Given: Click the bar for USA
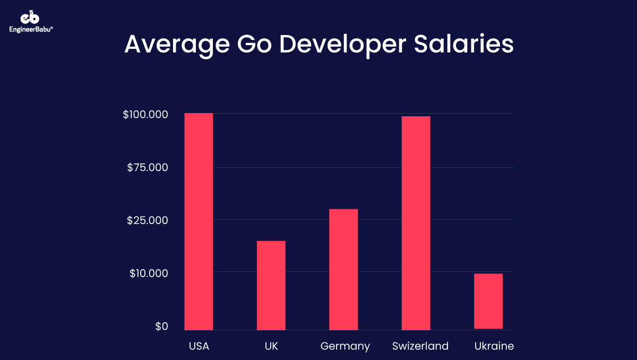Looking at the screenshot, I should coord(199,221).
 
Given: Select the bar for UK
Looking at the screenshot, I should coord(271,285).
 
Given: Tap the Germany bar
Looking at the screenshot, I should coord(343,269).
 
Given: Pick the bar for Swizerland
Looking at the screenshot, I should coord(416,223).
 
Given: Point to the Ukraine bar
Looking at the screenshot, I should coord(488,301).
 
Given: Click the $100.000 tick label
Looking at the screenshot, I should coord(145,115).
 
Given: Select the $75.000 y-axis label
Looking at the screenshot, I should coord(148,168).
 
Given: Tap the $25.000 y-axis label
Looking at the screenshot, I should coord(148,220).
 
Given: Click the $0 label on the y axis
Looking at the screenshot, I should coord(161,327).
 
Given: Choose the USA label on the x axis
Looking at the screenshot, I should coord(199,347).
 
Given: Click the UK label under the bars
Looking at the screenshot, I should coord(271,347).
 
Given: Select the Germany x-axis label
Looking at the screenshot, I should coord(345,347).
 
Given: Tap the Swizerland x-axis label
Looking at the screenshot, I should coord(420,347).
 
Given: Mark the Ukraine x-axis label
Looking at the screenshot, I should coord(494,347).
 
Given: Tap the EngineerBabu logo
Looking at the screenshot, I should coord(31,21).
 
